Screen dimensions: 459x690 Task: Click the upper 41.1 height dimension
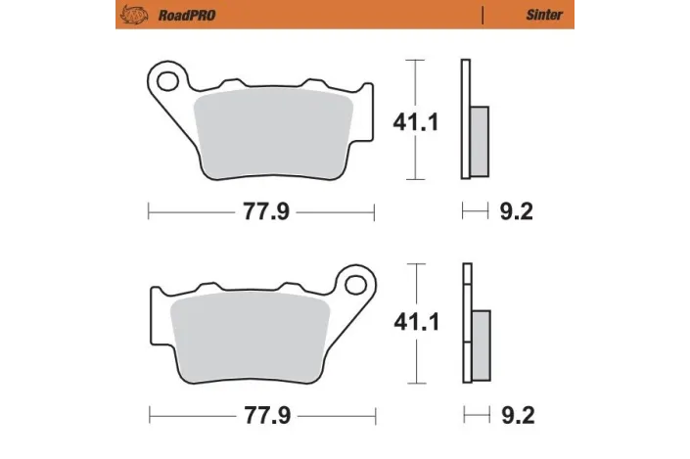click(414, 122)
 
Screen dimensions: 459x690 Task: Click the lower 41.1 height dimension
click(414, 321)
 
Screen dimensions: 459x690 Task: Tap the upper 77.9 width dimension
click(262, 210)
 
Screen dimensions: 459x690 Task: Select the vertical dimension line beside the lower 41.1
click(418, 284)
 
